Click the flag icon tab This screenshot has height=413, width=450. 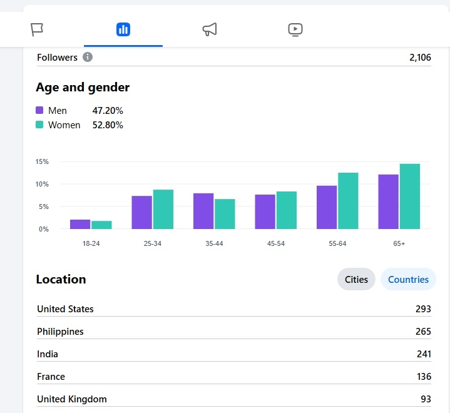pos(37,29)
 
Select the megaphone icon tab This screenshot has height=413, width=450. pos(210,29)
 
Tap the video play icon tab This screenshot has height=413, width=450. pos(295,29)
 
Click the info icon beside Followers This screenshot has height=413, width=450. pos(88,58)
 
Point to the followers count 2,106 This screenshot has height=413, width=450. pos(420,58)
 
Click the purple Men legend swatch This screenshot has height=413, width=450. pos(40,111)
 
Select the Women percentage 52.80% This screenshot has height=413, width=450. pos(108,125)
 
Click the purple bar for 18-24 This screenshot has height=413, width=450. pos(80,224)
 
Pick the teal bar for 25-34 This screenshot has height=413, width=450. pos(163,209)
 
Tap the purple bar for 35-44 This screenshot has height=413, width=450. pos(203,211)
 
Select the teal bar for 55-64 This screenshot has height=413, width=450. pos(348,201)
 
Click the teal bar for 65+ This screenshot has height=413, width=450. pos(410,196)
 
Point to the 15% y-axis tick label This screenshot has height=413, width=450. pos(42,161)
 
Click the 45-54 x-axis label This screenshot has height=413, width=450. pos(276,243)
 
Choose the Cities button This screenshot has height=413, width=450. pos(356,280)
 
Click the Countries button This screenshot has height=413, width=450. pos(408,280)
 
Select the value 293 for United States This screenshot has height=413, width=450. pos(423,309)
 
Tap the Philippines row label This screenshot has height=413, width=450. pos(60,332)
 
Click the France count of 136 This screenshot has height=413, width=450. pos(424,377)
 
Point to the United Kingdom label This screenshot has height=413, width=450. pos(72,399)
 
